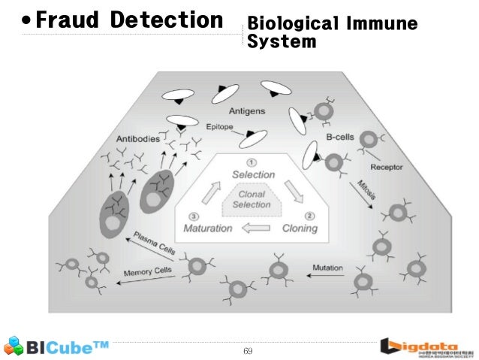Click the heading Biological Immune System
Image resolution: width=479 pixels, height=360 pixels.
click(x=331, y=32)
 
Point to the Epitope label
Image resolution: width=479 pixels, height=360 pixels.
click(x=220, y=128)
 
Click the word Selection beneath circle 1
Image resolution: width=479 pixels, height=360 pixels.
click(x=253, y=174)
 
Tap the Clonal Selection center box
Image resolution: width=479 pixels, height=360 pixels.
click(x=252, y=200)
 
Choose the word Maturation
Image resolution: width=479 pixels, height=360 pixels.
click(x=208, y=228)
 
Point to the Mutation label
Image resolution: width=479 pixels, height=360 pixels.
click(x=328, y=268)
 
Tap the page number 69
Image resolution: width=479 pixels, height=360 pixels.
click(x=248, y=351)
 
